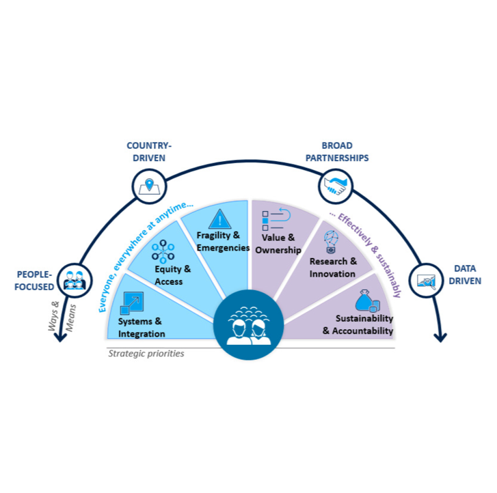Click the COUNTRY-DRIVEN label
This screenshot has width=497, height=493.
[x=149, y=152]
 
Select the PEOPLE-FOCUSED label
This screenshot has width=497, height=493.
[x=34, y=281]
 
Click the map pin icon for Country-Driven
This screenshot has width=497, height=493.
[x=149, y=185]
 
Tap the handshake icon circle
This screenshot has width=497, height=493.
[x=336, y=184]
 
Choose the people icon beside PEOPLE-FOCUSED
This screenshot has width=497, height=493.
[x=74, y=279]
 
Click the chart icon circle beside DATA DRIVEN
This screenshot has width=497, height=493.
[x=427, y=281]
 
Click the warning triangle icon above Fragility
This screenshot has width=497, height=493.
[x=220, y=219]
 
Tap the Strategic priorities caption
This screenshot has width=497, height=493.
[x=146, y=354]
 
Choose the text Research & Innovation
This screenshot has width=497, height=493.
[x=333, y=268]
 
